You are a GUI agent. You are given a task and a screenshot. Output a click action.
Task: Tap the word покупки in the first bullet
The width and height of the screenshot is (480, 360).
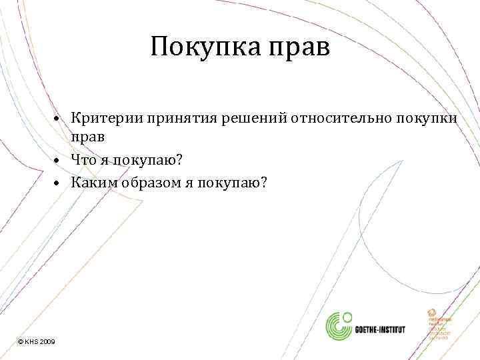427,119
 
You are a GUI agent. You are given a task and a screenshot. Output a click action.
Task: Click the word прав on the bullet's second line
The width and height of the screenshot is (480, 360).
89,135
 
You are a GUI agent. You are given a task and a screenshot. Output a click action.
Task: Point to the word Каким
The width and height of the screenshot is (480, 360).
91,181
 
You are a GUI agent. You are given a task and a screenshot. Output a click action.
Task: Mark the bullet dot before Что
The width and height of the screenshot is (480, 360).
59,160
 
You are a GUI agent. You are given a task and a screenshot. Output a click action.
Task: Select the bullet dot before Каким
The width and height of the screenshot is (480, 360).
59,183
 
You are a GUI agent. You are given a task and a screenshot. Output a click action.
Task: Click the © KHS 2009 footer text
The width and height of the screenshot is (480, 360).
37,341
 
